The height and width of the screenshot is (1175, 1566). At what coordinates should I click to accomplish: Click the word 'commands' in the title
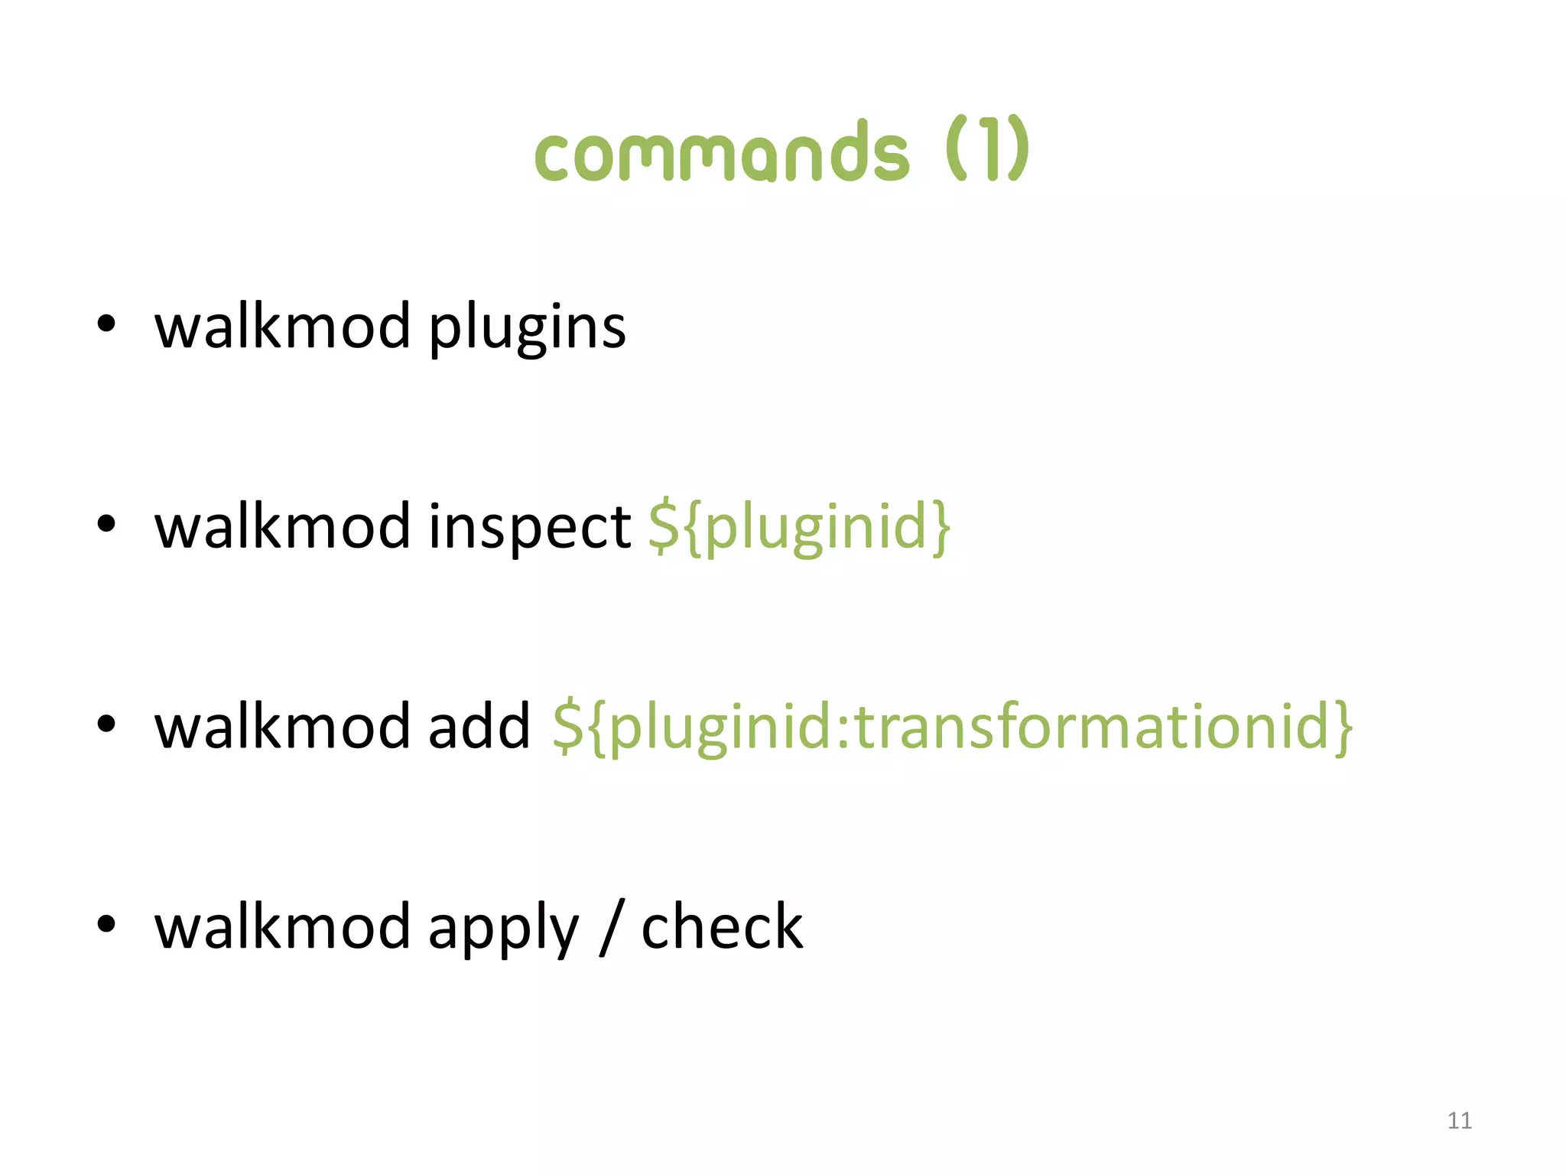(x=722, y=153)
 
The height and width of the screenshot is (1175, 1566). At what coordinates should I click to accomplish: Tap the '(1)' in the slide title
(x=987, y=149)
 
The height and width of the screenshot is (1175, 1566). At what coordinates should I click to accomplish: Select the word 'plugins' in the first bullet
(x=527, y=327)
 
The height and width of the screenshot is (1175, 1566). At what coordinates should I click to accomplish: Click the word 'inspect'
(x=529, y=528)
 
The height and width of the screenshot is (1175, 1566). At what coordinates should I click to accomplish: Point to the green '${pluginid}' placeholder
(x=800, y=528)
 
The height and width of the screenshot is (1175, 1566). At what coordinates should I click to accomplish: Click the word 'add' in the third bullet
(x=479, y=727)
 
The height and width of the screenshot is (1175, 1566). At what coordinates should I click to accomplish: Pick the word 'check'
(x=722, y=927)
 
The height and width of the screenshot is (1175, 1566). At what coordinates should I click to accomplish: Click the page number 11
(x=1459, y=1121)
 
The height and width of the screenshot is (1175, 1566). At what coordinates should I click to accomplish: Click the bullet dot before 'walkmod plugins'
(x=106, y=324)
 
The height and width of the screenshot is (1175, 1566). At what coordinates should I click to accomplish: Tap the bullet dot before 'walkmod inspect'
(x=106, y=524)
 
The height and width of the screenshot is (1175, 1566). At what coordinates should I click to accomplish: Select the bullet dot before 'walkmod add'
(x=106, y=724)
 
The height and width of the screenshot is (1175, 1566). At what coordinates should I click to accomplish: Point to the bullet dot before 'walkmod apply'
(x=106, y=923)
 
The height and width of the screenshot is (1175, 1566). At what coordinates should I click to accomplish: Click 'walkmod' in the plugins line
(x=282, y=327)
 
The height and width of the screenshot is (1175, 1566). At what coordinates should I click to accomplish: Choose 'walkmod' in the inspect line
(x=282, y=528)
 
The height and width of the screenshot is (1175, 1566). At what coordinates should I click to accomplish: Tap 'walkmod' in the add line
(x=282, y=727)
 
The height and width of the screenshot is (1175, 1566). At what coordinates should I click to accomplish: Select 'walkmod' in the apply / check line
(x=282, y=927)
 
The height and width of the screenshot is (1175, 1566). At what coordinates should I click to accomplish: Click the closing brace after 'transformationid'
(x=1343, y=728)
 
